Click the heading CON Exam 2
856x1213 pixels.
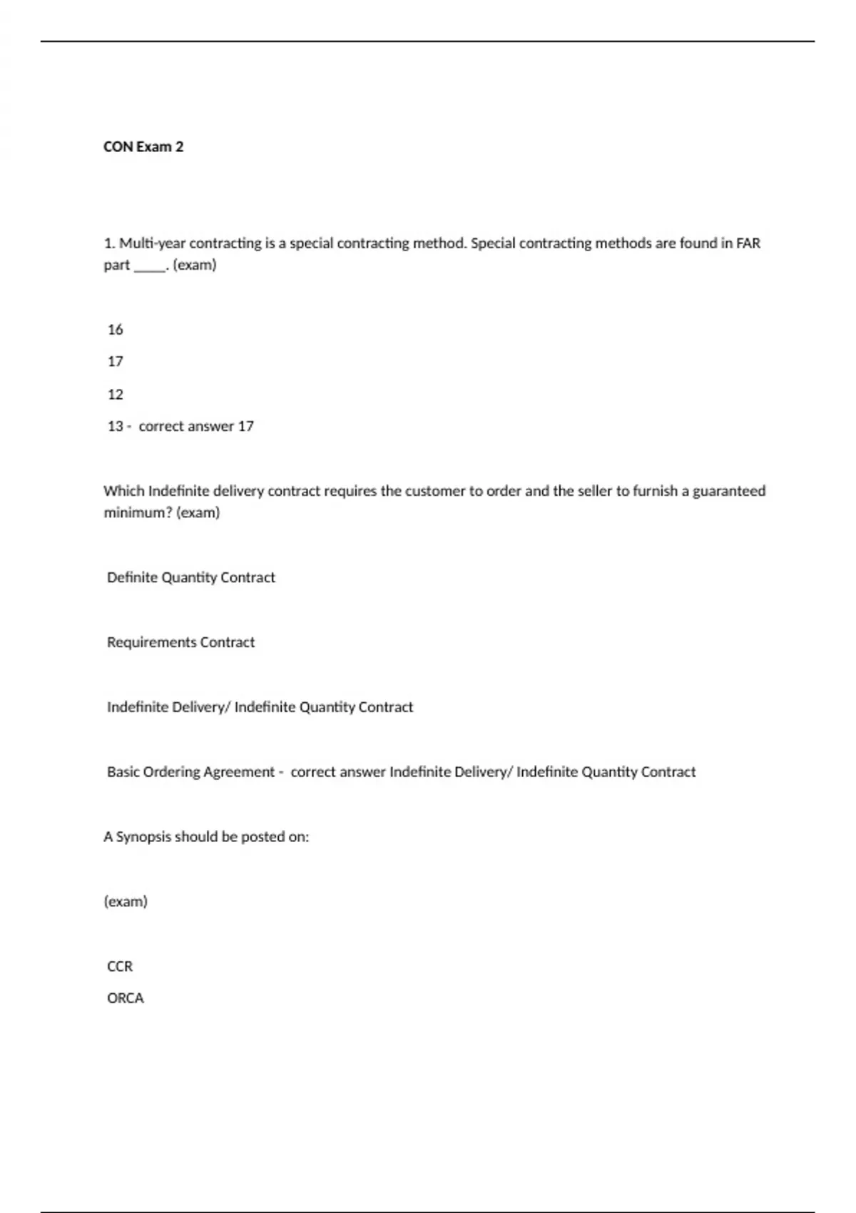[143, 147]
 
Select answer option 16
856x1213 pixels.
[116, 330]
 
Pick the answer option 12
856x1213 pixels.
[116, 395]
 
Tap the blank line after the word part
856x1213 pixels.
[150, 265]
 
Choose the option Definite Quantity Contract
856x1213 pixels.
[190, 577]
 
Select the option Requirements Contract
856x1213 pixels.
[180, 642]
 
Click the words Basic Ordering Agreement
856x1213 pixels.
[190, 772]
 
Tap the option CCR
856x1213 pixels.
[120, 966]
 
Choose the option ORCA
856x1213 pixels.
[126, 998]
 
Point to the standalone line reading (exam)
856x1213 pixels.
[126, 902]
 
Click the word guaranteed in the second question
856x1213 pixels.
[729, 491]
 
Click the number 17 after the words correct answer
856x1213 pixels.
[245, 427]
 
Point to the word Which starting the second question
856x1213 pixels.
[124, 491]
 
